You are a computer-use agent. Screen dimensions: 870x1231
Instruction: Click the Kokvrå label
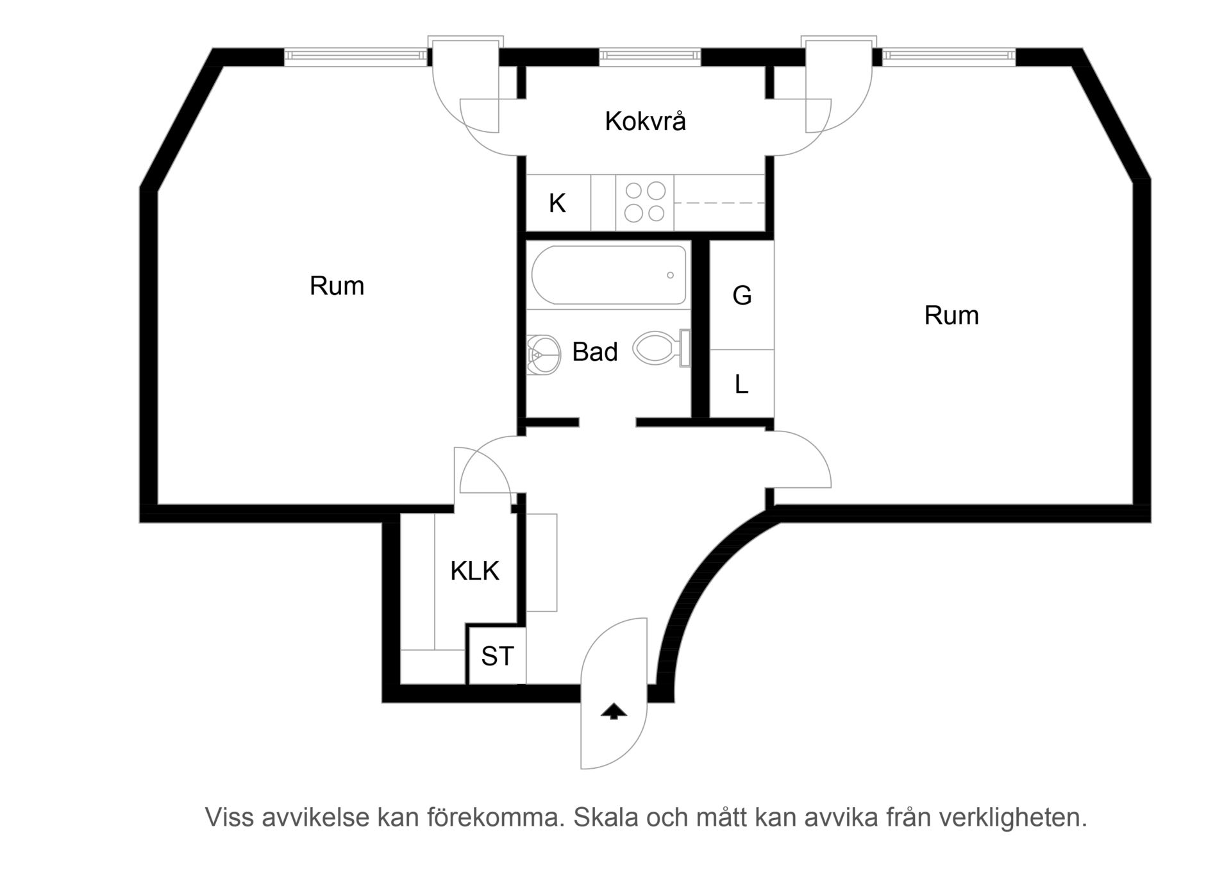pos(645,121)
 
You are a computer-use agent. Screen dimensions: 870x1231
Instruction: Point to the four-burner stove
pos(645,202)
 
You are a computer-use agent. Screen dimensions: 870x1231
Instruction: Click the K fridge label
pos(557,203)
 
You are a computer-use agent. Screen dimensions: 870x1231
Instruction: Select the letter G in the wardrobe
pos(742,296)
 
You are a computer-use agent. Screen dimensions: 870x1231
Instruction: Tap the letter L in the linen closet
pos(741,385)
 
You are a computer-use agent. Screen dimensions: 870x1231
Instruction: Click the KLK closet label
pos(474,571)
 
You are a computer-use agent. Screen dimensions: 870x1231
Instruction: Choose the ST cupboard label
pos(498,656)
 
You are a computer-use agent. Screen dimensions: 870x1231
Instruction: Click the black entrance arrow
pos(614,711)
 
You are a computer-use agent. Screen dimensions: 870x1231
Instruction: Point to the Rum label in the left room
pos(337,286)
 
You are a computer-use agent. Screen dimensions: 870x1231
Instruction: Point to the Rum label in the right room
pos(951,315)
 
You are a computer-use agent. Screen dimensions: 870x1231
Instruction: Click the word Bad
pos(595,352)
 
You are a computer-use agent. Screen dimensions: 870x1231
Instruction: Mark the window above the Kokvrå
pos(649,56)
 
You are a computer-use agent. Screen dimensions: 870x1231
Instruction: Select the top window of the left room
pos(356,56)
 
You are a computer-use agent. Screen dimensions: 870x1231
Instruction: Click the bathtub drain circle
pos(670,275)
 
